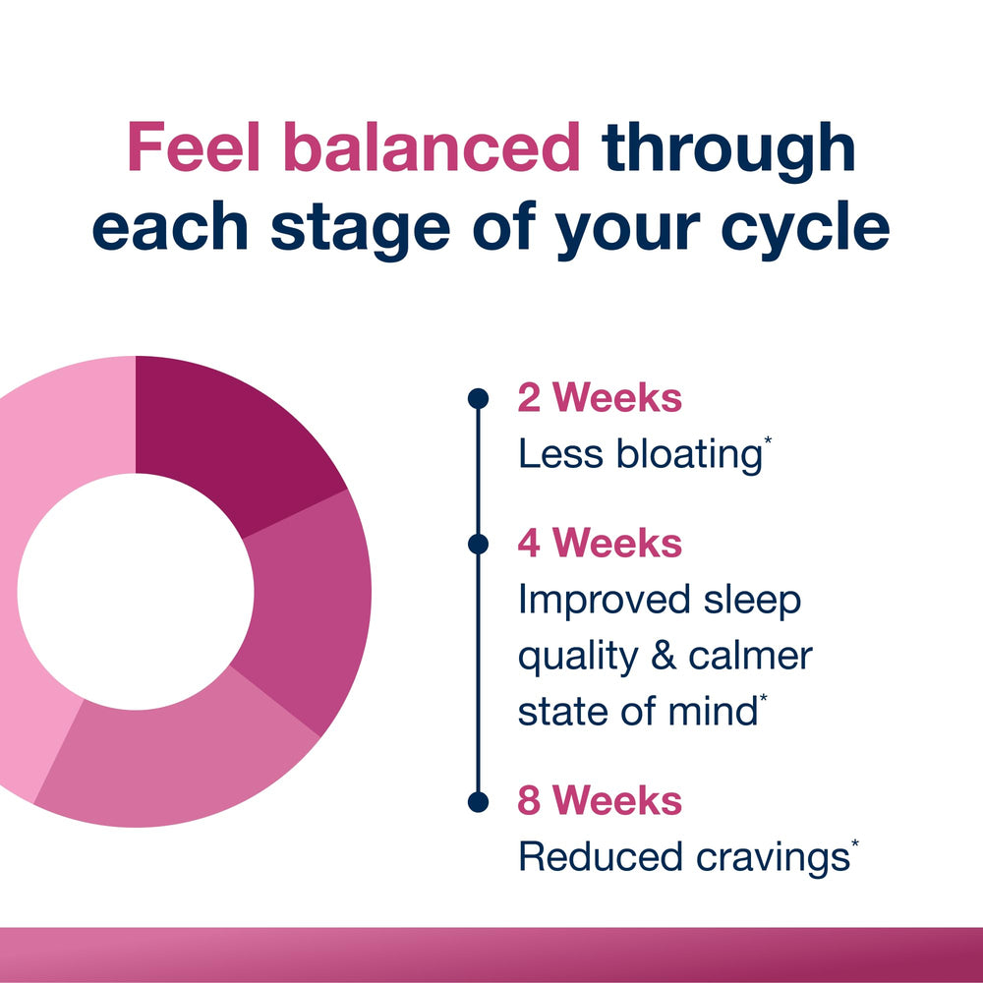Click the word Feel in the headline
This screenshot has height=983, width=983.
(x=194, y=146)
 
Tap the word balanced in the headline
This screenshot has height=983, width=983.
(x=433, y=146)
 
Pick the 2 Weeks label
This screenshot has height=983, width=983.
(x=600, y=398)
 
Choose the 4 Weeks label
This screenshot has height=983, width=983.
(x=600, y=543)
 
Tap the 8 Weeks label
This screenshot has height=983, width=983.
(x=600, y=801)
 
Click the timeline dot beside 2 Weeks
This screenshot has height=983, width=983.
(x=479, y=398)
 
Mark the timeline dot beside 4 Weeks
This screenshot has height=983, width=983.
(x=479, y=545)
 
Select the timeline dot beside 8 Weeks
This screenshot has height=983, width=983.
(x=479, y=802)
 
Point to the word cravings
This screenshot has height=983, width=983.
(x=773, y=858)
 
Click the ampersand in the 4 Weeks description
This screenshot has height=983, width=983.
(x=664, y=656)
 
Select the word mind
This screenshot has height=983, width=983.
(x=713, y=712)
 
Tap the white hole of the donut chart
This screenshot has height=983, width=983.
(x=136, y=592)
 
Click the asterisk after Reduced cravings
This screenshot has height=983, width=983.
(x=855, y=843)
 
